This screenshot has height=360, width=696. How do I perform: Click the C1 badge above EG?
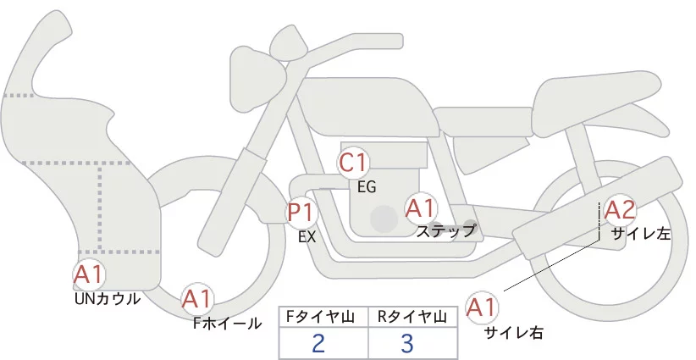click(354, 162)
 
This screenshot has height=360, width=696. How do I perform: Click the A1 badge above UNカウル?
click(89, 274)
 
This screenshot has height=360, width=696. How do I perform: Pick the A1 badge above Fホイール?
click(198, 299)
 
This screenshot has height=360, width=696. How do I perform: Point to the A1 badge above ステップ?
click(421, 207)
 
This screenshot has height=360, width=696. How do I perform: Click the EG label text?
click(367, 186)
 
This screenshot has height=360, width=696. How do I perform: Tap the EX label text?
click(307, 237)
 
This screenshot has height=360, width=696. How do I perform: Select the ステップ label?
click(446, 230)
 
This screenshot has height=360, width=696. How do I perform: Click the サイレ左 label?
click(641, 235)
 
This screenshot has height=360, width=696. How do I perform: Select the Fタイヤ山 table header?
click(323, 316)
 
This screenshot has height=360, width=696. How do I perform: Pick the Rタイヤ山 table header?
click(413, 316)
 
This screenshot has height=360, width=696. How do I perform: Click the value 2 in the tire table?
click(318, 344)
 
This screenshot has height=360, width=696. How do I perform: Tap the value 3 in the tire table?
click(407, 344)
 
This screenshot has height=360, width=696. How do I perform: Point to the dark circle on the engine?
click(384, 218)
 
